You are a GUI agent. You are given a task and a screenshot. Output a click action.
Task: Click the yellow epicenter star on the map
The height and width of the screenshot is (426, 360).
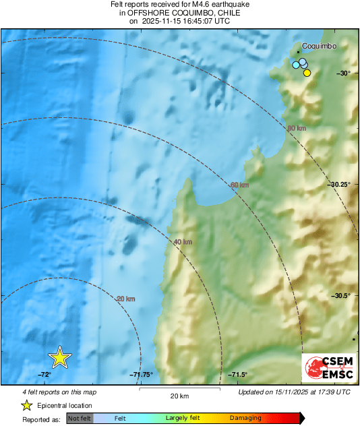(x=60, y=358)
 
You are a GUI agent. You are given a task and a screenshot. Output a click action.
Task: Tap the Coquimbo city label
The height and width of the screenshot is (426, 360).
(x=319, y=46)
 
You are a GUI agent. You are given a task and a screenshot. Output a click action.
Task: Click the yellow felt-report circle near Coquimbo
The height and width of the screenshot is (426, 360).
(x=307, y=73)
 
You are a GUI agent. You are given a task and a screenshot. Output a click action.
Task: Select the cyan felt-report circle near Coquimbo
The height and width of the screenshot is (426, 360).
(x=295, y=65)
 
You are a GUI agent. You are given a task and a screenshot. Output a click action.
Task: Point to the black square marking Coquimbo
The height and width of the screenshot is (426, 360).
(x=298, y=51)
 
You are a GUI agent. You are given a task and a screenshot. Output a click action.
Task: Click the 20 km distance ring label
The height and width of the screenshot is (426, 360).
(x=126, y=299)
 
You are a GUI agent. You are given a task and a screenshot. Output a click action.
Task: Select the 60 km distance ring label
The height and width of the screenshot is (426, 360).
(x=240, y=185)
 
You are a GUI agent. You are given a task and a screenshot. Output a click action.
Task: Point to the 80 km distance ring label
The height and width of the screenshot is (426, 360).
(x=297, y=128)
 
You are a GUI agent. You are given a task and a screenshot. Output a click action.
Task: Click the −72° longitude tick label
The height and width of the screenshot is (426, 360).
(x=44, y=375)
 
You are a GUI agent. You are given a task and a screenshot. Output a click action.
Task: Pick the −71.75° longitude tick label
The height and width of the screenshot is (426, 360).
(x=142, y=375)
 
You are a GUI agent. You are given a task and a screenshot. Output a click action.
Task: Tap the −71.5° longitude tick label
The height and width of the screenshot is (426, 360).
(x=238, y=375)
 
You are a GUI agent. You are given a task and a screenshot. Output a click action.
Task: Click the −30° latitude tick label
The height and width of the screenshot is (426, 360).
(x=344, y=73)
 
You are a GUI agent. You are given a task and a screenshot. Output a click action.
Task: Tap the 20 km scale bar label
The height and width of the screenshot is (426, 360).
(x=179, y=396)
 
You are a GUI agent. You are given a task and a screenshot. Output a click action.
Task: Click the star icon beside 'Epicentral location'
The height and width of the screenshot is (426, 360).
(x=26, y=405)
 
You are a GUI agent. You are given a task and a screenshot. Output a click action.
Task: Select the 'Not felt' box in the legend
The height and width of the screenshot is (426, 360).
(x=80, y=418)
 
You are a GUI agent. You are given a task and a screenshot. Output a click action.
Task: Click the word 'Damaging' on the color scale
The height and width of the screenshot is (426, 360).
(x=245, y=418)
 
